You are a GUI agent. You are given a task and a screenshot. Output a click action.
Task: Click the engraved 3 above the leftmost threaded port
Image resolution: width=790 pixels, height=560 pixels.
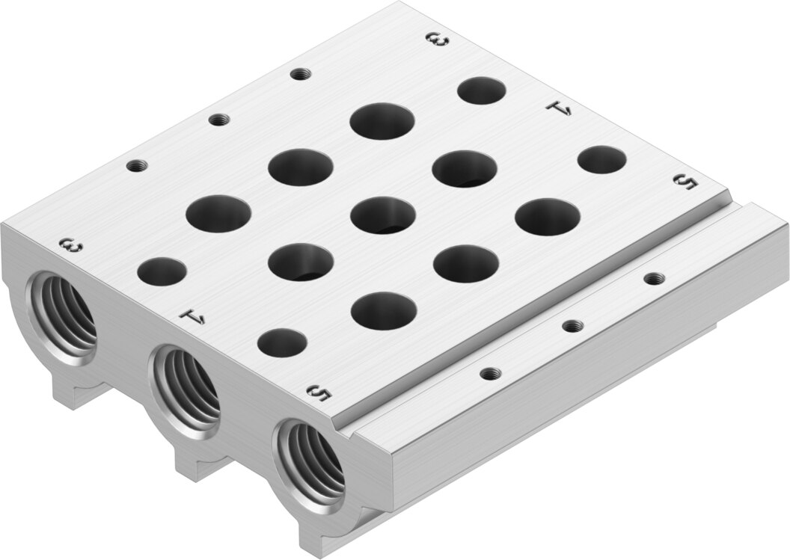[71, 247]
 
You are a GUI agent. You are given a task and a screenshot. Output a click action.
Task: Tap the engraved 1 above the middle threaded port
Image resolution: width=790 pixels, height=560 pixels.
[193, 317]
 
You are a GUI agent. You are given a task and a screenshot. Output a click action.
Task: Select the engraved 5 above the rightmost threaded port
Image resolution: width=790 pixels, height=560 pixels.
[319, 393]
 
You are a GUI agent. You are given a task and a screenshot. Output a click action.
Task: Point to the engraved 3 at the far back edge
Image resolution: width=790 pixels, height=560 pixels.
[436, 40]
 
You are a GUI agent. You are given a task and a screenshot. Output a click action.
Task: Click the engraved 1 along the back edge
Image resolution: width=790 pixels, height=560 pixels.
[560, 108]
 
